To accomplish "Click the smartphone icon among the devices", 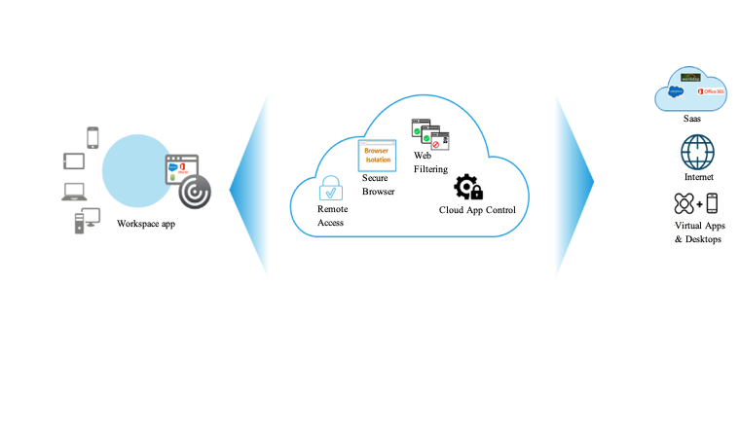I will pyautogui.click(x=93, y=137).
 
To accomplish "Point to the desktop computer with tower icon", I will pyautogui.click(x=87, y=220).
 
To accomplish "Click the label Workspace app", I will pyautogui.click(x=146, y=224).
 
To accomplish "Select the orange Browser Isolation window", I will pyautogui.click(x=377, y=155).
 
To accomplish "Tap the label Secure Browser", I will pyautogui.click(x=379, y=185).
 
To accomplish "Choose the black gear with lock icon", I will pyautogui.click(x=467, y=187).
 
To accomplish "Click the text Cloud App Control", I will pyautogui.click(x=477, y=210).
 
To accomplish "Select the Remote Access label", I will pyautogui.click(x=333, y=216).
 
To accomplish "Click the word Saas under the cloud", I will pyautogui.click(x=691, y=118).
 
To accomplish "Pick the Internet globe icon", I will pyautogui.click(x=697, y=153).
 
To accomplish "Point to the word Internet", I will pyautogui.click(x=698, y=177).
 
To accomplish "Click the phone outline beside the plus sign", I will pyautogui.click(x=712, y=203).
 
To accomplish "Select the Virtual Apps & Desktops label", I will pyautogui.click(x=699, y=232).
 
